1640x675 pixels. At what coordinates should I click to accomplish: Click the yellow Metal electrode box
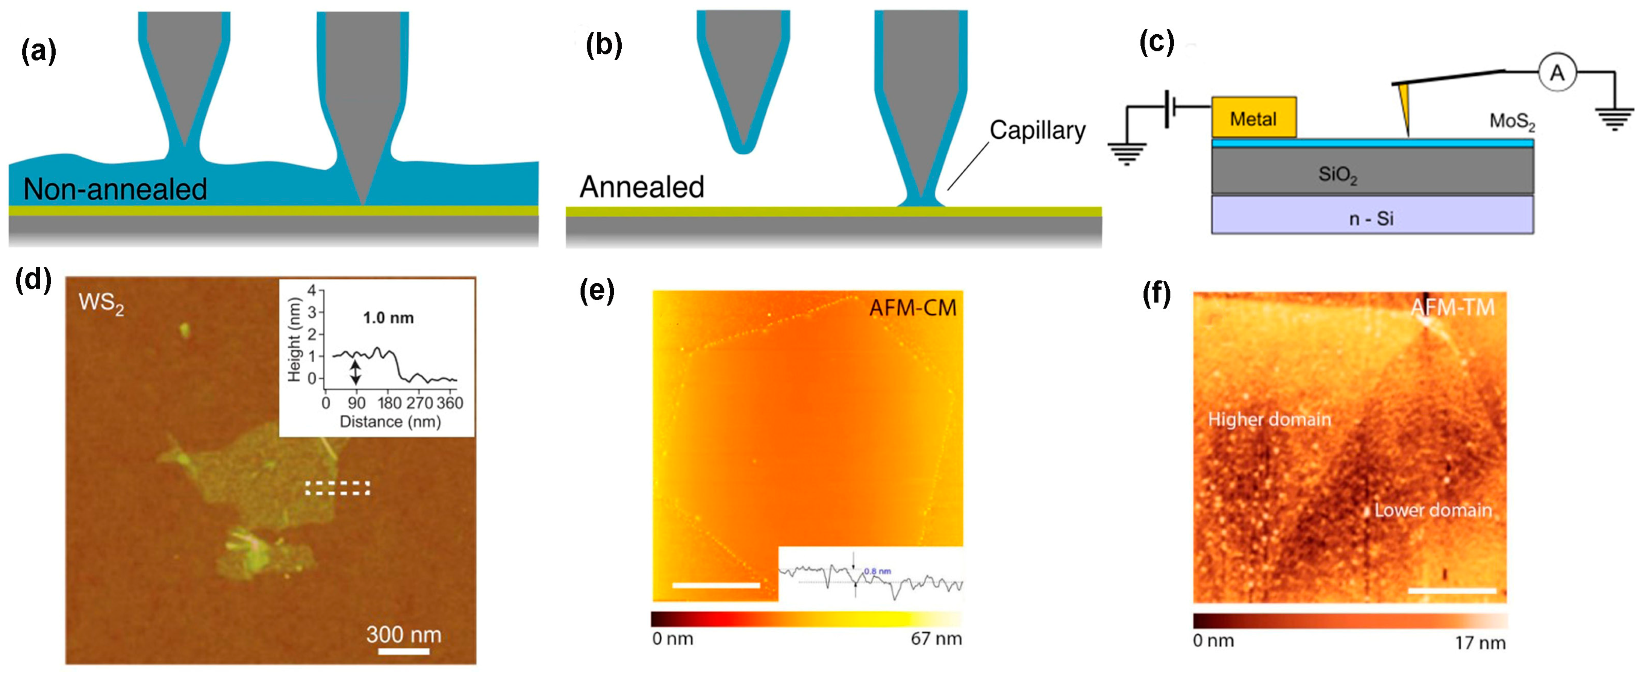(x=1253, y=118)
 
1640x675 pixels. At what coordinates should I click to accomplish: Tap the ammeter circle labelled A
(x=1557, y=73)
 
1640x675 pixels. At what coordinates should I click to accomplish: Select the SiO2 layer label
(x=1337, y=174)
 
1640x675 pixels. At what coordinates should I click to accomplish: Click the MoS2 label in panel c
(x=1512, y=121)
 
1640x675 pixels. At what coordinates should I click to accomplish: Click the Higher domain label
(x=1269, y=420)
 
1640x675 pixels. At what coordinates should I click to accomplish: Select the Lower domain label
(x=1433, y=510)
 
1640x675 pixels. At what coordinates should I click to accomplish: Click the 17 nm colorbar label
(x=1479, y=643)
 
